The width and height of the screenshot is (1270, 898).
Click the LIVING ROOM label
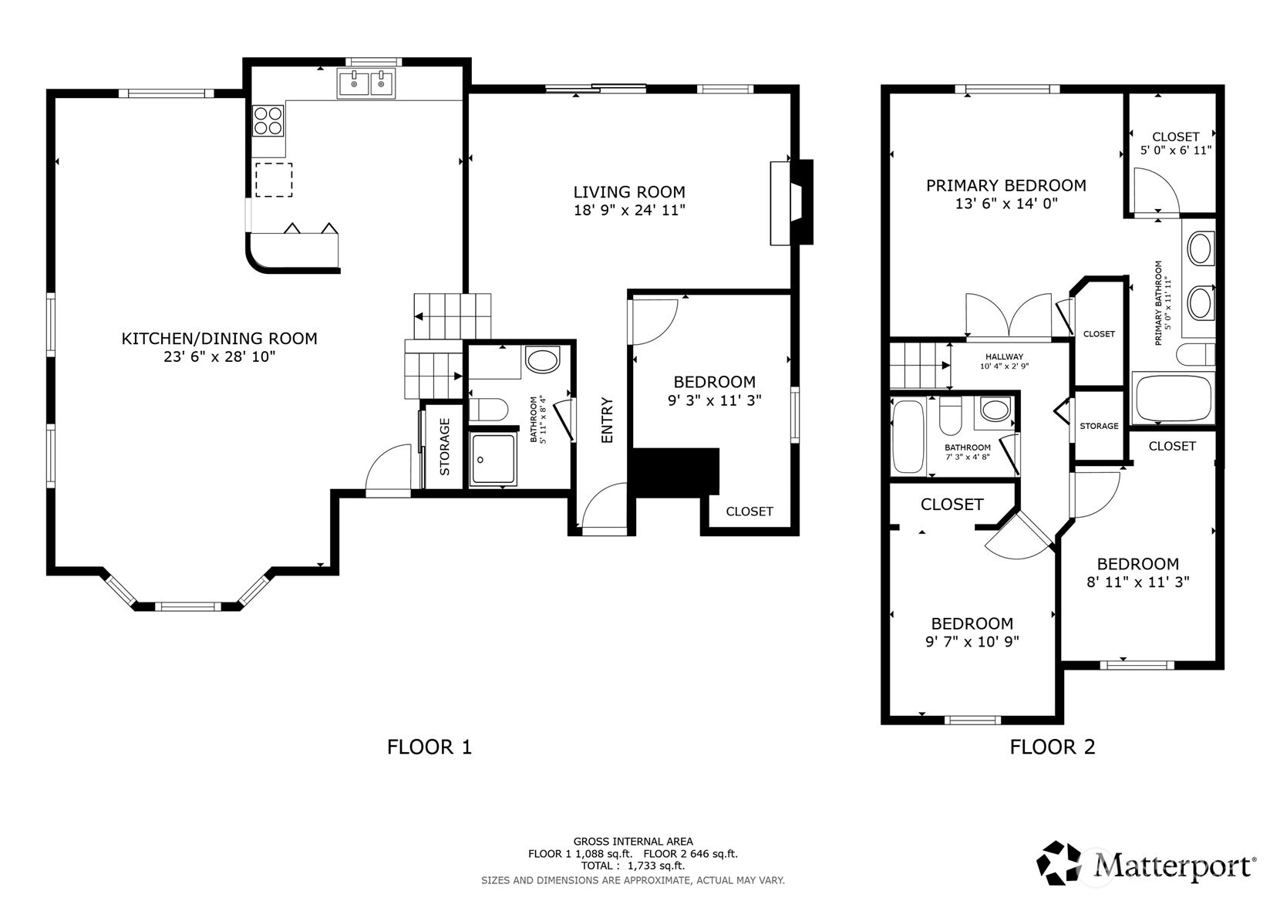(628, 192)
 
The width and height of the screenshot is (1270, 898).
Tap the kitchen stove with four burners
(268, 121)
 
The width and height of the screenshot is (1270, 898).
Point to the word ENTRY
(607, 420)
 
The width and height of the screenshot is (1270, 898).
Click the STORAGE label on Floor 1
(445, 447)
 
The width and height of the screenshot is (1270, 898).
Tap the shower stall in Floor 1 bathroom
(494, 459)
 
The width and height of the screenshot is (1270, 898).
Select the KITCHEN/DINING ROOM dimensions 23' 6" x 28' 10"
(219, 356)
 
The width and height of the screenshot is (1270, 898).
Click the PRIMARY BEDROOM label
(1006, 185)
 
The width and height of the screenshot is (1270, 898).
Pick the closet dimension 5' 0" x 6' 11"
(1175, 150)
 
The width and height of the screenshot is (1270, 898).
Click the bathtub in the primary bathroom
(1172, 397)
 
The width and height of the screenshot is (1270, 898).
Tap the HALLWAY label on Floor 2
(1003, 356)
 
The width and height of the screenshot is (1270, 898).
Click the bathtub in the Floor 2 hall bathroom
(908, 437)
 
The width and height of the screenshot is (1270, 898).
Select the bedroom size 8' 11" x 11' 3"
(1137, 582)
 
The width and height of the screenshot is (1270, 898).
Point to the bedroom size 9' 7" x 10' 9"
(972, 642)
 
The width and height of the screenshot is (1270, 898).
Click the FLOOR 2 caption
(1052, 747)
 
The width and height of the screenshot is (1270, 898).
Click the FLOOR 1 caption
(429, 747)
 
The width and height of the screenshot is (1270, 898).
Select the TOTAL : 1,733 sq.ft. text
(632, 866)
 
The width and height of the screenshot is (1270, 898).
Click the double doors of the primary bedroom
(1009, 316)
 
